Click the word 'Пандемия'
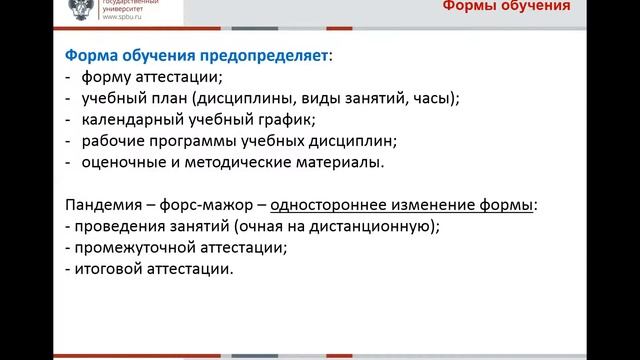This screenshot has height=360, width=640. click(x=105, y=205)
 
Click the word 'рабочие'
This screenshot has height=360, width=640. click(x=115, y=141)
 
